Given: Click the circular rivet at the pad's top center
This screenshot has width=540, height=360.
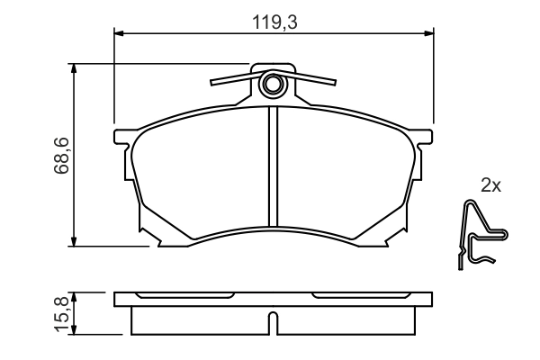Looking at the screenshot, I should (273, 85).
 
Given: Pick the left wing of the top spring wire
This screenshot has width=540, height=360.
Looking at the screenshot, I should (229, 80).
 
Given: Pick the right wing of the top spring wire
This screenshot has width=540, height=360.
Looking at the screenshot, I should (315, 80).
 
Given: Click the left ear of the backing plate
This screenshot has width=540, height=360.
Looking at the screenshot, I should (121, 139).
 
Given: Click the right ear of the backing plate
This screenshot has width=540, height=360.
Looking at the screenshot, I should (426, 139).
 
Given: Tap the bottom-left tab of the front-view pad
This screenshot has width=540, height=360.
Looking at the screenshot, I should (157, 240).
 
